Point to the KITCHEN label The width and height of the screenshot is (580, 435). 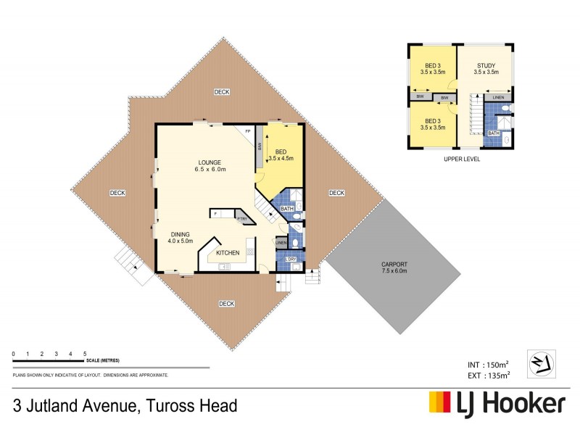[228, 252]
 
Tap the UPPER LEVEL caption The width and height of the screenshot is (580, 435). [460, 158]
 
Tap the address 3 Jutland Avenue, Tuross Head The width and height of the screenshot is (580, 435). [125, 405]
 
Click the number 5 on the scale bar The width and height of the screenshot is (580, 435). [85, 353]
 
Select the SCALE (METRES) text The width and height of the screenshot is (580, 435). [102, 360]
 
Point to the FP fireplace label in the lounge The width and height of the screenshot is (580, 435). [247, 130]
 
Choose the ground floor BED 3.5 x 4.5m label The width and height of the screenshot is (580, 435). [281, 154]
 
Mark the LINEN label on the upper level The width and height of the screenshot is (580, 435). [498, 97]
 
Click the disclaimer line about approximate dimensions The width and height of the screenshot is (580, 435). [91, 375]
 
